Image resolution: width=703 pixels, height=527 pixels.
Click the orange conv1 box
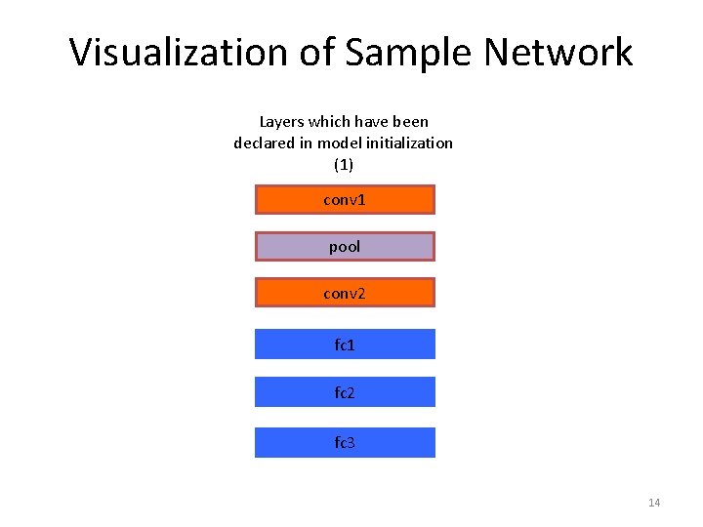click(x=345, y=200)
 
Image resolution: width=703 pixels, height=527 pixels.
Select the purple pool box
click(x=345, y=247)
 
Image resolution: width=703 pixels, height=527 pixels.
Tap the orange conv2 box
click(x=345, y=293)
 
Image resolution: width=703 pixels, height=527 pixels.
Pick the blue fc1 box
click(x=345, y=345)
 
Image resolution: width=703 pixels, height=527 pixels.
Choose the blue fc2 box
click(x=345, y=392)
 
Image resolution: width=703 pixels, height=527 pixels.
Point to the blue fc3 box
click(x=345, y=443)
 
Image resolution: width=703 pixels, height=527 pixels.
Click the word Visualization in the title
click(x=178, y=52)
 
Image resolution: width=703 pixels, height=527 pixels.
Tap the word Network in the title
click(x=557, y=52)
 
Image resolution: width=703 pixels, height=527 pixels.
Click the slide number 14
click(x=654, y=503)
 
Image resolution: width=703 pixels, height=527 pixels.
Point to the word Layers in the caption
click(x=281, y=122)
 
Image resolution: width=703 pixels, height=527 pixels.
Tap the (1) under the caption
click(x=344, y=164)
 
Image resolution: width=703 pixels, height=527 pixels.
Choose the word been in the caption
click(x=410, y=122)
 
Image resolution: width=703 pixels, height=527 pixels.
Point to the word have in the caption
click(x=370, y=122)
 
